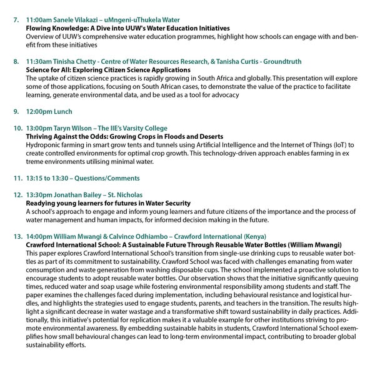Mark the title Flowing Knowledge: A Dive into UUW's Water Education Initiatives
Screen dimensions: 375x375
pos(127,29)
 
